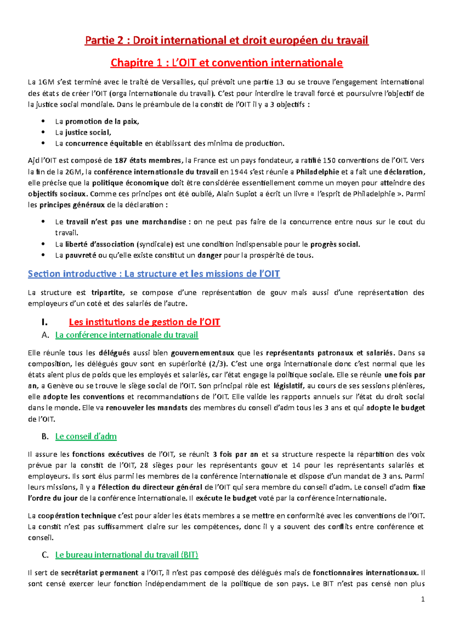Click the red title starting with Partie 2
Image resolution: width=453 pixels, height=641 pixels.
click(226, 40)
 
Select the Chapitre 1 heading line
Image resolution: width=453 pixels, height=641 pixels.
click(226, 63)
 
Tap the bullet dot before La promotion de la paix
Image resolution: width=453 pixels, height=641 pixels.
click(44, 122)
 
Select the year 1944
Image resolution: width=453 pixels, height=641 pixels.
click(239, 172)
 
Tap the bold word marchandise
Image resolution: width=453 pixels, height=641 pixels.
click(164, 222)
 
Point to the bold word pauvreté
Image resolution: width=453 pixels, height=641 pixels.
click(81, 256)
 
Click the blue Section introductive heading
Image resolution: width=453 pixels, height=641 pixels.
click(154, 274)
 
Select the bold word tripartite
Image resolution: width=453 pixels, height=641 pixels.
click(107, 293)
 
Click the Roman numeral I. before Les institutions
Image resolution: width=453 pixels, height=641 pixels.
click(45, 322)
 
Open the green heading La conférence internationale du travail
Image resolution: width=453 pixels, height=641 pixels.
click(126, 335)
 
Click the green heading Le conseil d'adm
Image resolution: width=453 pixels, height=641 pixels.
click(86, 436)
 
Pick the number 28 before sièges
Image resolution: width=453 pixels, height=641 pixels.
click(144, 465)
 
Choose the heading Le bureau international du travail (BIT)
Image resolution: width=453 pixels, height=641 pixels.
click(126, 555)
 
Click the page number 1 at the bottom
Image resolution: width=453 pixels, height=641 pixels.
click(423, 599)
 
